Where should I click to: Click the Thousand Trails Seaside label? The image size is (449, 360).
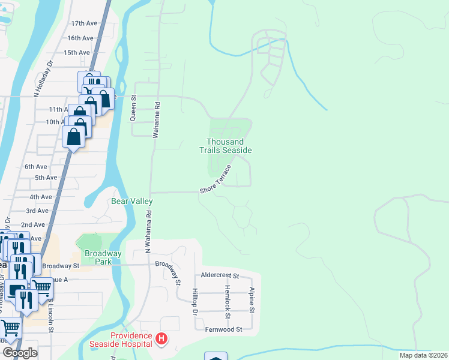(225, 146)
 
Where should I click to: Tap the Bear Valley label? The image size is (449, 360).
(132, 201)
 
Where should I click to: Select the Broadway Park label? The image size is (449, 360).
(103, 257)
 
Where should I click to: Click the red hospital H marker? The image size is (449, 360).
(161, 340)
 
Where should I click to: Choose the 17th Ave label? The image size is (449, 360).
(84, 23)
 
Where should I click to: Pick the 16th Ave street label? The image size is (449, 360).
(80, 38)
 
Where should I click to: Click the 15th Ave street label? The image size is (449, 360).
(77, 52)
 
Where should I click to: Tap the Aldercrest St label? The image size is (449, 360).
(220, 276)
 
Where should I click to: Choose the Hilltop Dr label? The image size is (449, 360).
(194, 301)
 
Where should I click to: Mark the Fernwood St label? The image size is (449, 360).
(222, 329)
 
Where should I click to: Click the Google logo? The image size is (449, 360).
(20, 353)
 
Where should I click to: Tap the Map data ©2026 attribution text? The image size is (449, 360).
(423, 355)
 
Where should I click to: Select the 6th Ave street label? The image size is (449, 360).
(36, 166)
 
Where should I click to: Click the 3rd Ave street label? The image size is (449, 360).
(37, 211)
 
